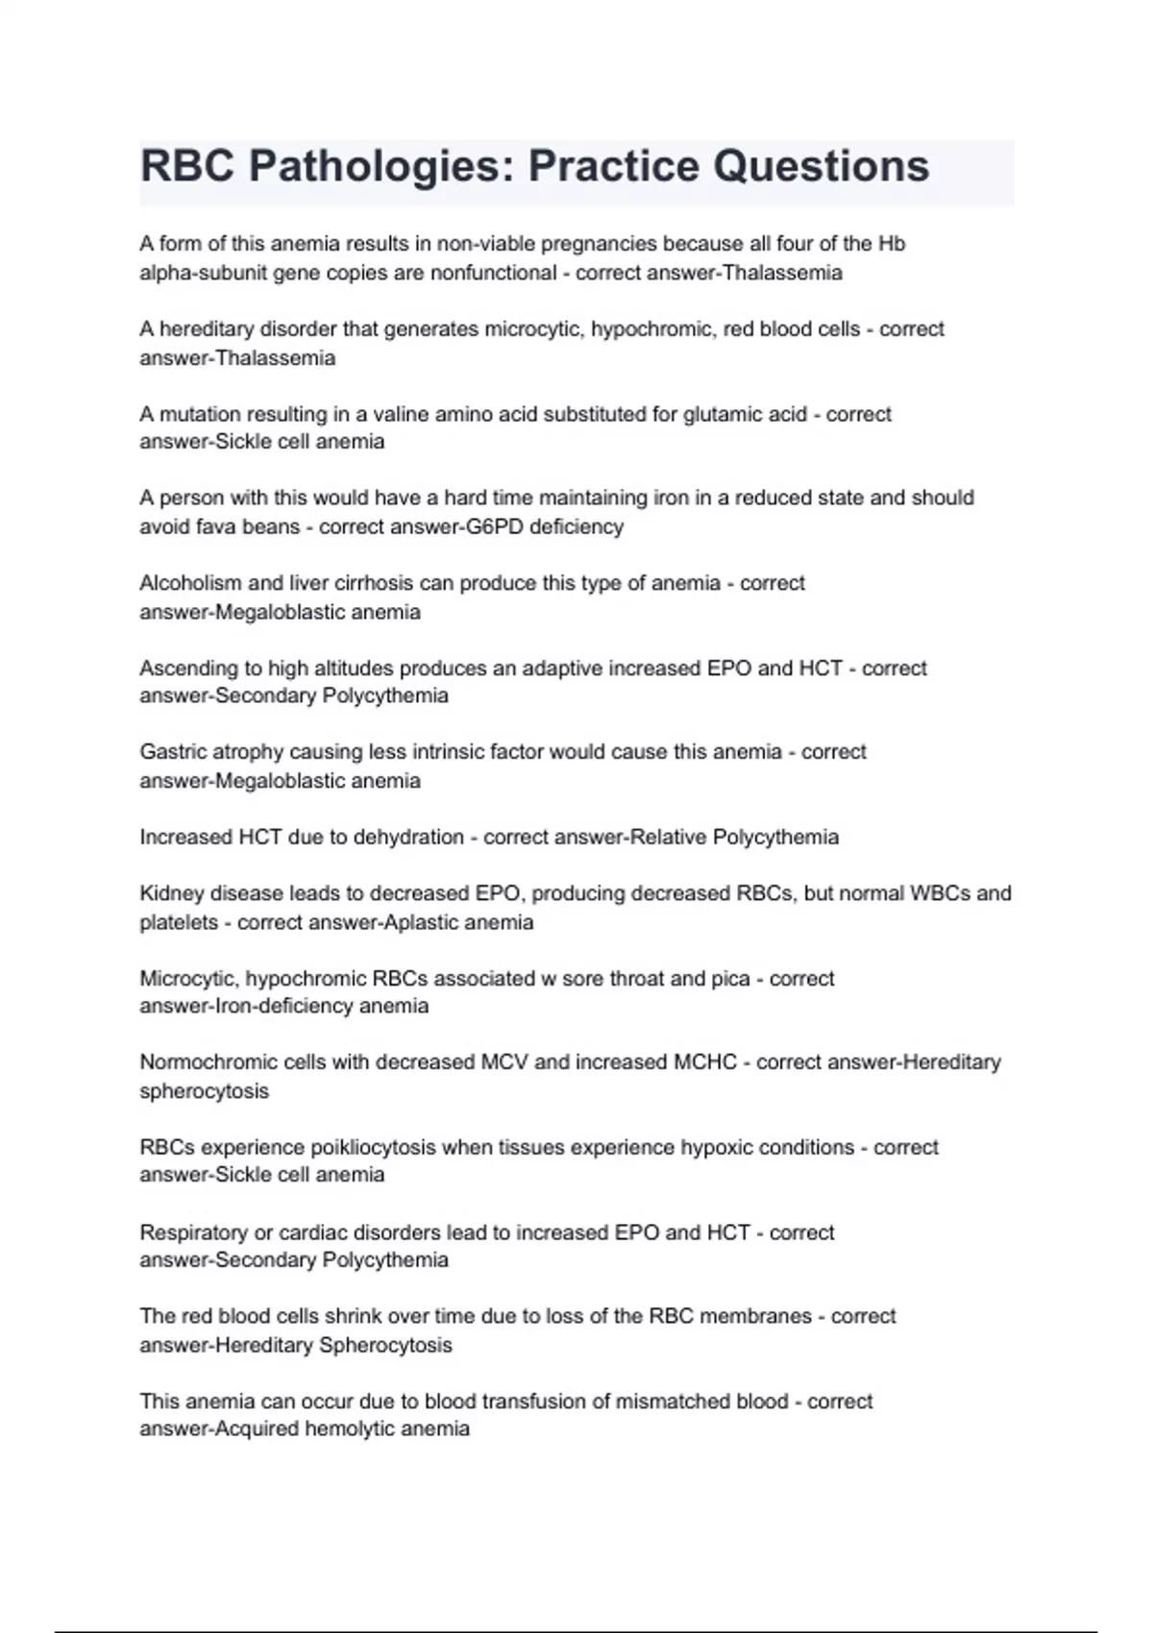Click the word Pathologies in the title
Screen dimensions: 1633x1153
pyautogui.click(x=370, y=167)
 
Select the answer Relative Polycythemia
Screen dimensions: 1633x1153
pyautogui.click(x=733, y=837)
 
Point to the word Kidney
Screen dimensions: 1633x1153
pyautogui.click(x=170, y=893)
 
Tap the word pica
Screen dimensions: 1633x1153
pyautogui.click(x=730, y=979)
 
